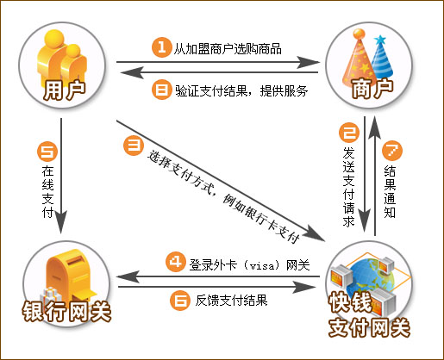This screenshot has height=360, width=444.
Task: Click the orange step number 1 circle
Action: click(x=162, y=47)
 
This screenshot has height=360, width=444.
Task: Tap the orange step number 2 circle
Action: click(x=349, y=133)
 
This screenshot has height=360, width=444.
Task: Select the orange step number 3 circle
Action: click(x=134, y=145)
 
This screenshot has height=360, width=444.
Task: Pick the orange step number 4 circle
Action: click(x=176, y=262)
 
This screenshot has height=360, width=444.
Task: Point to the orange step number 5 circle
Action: click(x=47, y=151)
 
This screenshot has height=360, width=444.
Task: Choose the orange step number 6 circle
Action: click(x=180, y=301)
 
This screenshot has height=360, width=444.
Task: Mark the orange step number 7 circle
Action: click(x=392, y=151)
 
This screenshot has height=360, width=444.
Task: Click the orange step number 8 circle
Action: click(x=161, y=90)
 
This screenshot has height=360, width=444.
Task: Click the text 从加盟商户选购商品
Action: click(x=228, y=49)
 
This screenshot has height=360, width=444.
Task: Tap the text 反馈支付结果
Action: click(x=231, y=301)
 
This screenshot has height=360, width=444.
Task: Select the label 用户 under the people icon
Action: click(x=65, y=90)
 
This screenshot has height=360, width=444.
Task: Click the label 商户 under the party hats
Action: click(x=372, y=89)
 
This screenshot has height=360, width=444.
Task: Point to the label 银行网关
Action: click(x=66, y=311)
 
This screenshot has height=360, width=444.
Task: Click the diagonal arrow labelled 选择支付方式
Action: click(x=221, y=181)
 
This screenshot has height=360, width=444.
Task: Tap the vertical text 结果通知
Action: click(x=390, y=191)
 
